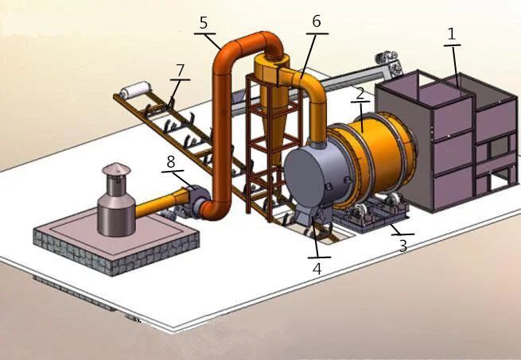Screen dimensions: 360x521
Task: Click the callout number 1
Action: point(453,34)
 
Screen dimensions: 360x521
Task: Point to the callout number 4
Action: point(317,269)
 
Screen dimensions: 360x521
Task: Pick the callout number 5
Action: point(204,21)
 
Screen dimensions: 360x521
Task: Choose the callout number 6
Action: point(316,22)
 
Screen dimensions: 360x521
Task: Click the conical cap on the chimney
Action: point(115,169)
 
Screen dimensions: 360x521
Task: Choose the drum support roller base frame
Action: point(374,216)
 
